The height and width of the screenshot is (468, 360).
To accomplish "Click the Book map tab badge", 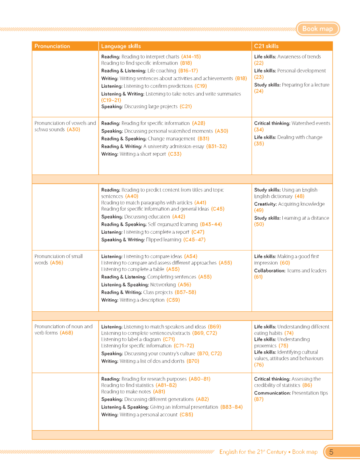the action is tap(318, 29).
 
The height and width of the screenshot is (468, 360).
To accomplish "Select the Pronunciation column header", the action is tap(52, 46).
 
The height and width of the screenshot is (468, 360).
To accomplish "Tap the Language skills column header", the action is tap(121, 46).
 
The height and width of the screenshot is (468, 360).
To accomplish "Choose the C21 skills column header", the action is tap(266, 46).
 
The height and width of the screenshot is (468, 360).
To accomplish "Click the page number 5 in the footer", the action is tap(331, 452).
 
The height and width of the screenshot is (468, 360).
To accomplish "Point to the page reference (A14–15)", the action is tap(191, 57).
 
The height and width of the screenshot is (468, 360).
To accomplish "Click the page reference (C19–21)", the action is tap(111, 100).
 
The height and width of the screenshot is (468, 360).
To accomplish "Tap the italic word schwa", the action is tap(41, 129).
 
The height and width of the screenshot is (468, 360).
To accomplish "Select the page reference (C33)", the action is tap(175, 154).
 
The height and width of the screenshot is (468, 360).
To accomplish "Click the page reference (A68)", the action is tap(66, 333).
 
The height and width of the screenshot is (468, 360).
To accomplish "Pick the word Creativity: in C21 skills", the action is tap(265, 204).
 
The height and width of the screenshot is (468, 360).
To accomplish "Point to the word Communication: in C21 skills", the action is tap(272, 393).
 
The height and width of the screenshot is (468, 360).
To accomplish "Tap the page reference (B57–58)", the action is tap(185, 292).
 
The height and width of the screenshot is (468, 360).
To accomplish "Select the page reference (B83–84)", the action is tap(231, 407).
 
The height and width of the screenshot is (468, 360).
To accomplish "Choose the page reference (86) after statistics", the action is tap(307, 385).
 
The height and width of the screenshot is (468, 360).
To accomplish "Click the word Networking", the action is tap(163, 285).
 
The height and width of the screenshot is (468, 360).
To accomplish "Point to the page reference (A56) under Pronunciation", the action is tap(57, 263).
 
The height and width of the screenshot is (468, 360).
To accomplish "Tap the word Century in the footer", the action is tap(276, 452).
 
